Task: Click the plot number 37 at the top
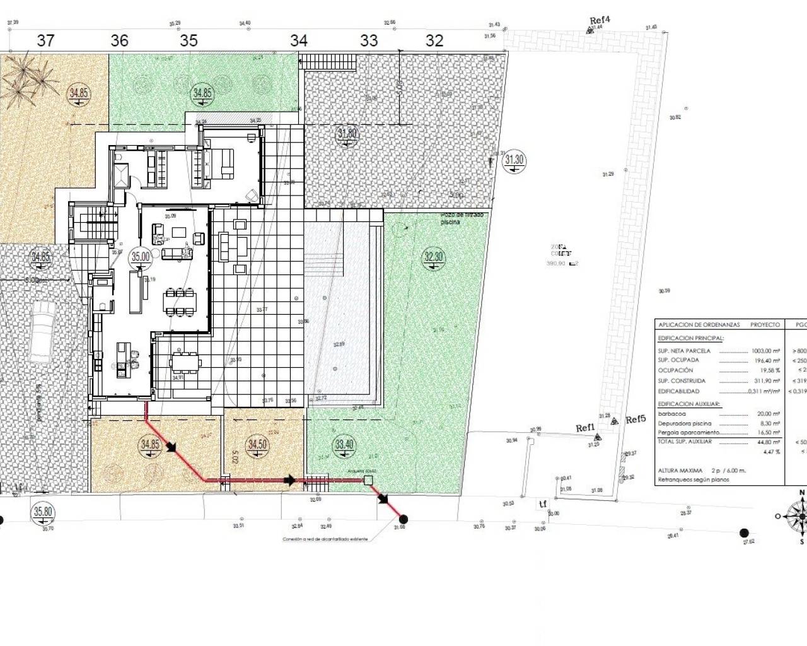click(45, 41)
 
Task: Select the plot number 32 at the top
click(434, 41)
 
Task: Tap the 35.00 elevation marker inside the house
click(140, 257)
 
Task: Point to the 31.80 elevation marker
click(347, 134)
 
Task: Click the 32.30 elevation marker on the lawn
click(434, 257)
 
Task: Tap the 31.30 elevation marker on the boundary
click(514, 160)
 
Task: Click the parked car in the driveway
click(41, 331)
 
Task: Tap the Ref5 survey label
click(636, 420)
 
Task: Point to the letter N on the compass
click(802, 493)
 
